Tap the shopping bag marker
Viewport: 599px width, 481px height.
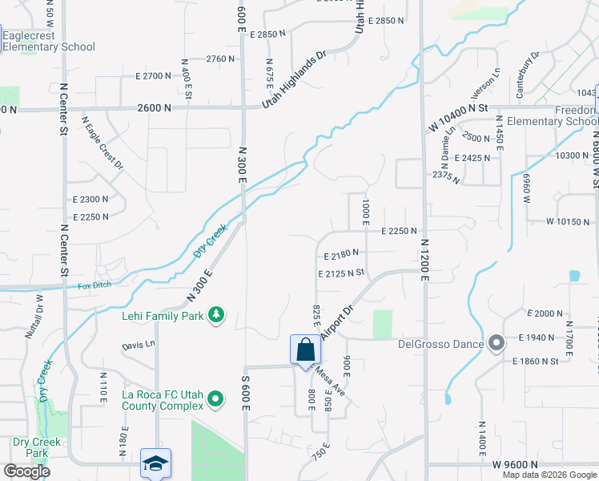click(x=304, y=350)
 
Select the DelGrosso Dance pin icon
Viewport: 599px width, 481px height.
click(x=496, y=345)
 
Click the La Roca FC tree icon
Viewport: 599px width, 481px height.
click(x=215, y=398)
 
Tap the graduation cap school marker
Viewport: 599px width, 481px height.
click(x=155, y=463)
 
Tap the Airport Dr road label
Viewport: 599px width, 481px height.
click(x=336, y=321)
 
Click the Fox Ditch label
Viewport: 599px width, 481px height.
click(x=94, y=285)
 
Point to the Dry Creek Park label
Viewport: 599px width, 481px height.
click(x=30, y=447)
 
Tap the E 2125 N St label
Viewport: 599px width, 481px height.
click(x=341, y=273)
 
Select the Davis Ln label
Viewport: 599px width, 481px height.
click(x=138, y=346)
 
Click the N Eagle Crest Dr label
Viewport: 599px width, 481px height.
click(x=103, y=143)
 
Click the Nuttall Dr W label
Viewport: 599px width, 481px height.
click(x=34, y=317)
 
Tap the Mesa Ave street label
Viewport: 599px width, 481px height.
click(x=328, y=382)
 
